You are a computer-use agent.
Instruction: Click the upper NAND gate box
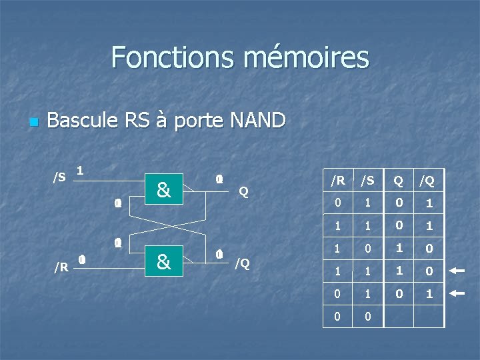(163, 191)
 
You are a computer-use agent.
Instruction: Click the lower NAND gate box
(163, 262)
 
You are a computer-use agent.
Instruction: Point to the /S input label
(59, 177)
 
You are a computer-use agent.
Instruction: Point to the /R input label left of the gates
(61, 267)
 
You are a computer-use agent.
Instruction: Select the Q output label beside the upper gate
(243, 192)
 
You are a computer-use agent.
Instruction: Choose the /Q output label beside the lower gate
(242, 263)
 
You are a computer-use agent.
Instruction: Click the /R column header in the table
(338, 180)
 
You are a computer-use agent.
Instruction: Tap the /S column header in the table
(367, 180)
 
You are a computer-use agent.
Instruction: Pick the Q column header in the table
(397, 180)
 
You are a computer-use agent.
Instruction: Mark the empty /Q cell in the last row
(428, 316)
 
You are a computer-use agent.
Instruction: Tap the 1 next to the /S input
(80, 171)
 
